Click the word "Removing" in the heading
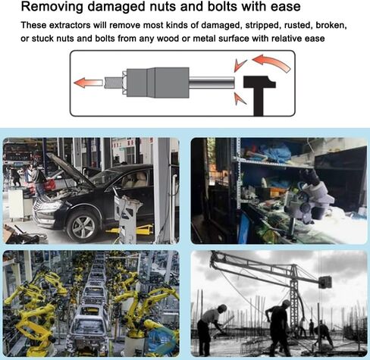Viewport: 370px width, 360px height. coord(52,7)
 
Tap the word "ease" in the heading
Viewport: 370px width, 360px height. coord(286,7)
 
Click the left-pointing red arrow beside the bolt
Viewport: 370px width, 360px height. coord(88,83)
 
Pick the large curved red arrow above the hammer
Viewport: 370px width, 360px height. coord(272,62)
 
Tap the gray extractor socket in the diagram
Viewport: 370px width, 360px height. coord(158,83)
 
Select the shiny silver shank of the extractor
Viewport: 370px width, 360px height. coord(212,83)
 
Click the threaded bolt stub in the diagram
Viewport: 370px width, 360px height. coord(113,83)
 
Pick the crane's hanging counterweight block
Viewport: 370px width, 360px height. coord(325,282)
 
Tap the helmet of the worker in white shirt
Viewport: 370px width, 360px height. coord(222,308)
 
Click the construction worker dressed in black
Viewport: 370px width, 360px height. coord(278,327)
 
